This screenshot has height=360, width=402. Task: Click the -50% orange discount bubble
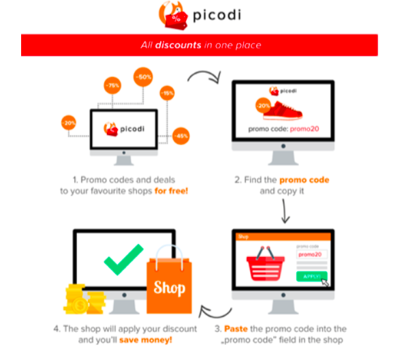pos(143,77)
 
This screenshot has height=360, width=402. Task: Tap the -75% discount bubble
pos(112,85)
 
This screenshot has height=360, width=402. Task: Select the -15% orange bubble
pos(167,93)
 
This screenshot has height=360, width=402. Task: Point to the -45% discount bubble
pos(181,136)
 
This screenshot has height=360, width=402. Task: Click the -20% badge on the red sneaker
pos(263,106)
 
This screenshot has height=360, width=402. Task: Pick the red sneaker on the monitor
pos(283,111)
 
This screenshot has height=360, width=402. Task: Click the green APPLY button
pos(312,276)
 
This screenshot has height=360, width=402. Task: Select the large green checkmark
pos(123,259)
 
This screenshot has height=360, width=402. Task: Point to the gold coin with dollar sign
pos(80,305)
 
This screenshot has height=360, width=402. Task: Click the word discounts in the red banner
pos(179,45)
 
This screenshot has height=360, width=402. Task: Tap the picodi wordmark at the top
pos(217,15)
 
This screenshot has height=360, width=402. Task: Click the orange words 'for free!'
pos(171,191)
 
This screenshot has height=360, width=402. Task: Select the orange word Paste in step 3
pos(236,329)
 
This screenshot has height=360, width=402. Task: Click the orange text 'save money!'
pos(146,340)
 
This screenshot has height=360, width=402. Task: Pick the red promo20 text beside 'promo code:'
pos(305,129)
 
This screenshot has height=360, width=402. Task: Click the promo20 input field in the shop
pos(312,254)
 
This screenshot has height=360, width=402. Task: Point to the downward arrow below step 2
pos(285,211)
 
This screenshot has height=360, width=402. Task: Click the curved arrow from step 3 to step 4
pos(215,314)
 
